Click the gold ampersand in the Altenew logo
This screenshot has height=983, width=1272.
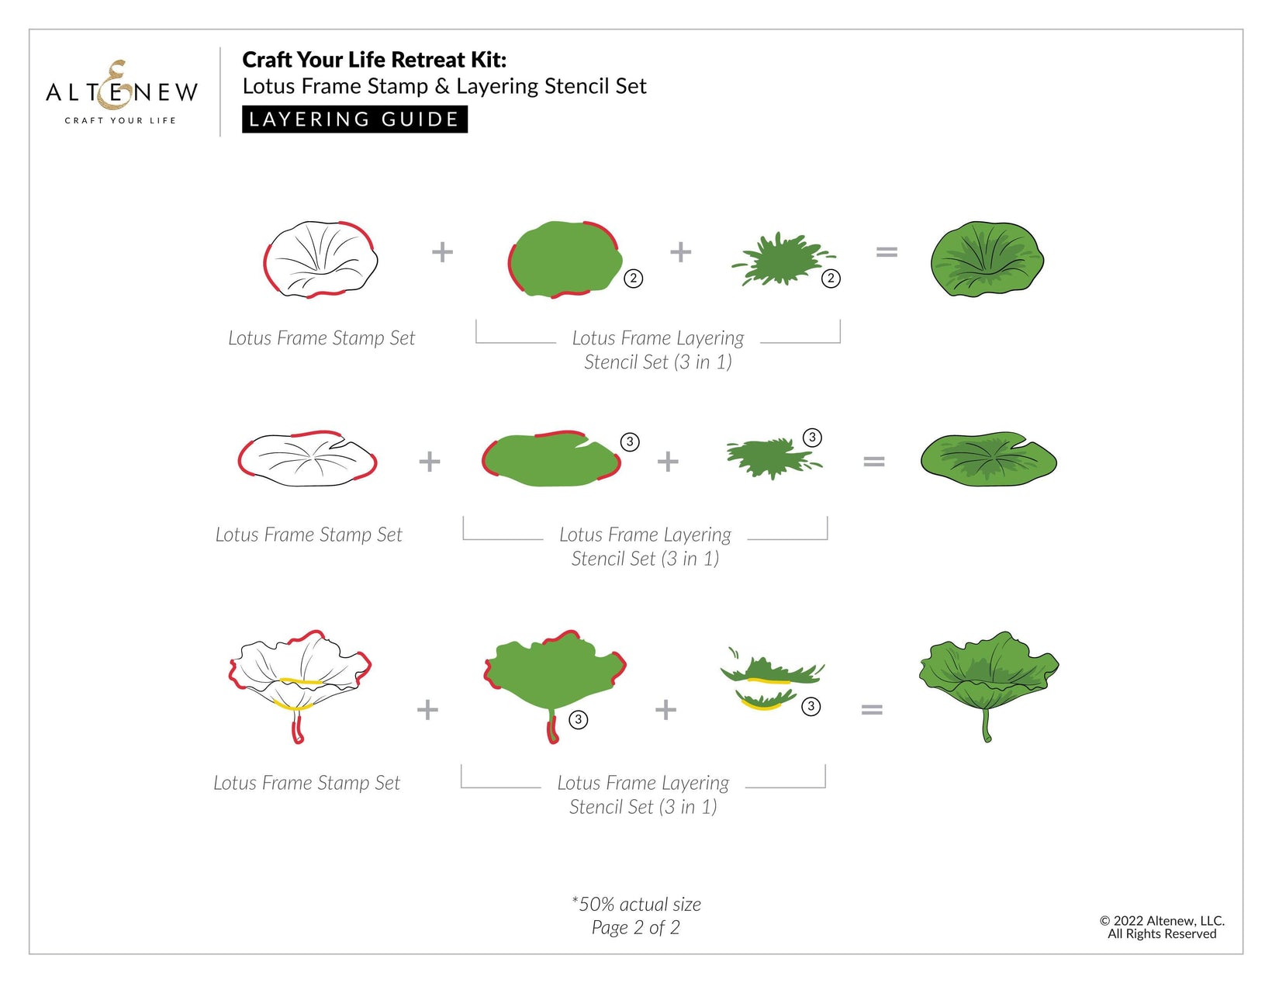(114, 85)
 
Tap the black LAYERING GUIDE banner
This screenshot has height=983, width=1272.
(354, 119)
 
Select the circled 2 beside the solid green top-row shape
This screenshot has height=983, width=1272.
(633, 278)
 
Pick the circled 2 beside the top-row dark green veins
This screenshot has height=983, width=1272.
(831, 278)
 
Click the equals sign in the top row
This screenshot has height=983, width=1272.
(887, 252)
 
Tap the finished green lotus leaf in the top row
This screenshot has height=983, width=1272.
(987, 259)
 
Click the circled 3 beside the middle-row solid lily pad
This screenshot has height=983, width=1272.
(630, 442)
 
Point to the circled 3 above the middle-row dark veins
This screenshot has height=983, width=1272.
(812, 438)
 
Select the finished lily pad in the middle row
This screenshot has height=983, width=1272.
(988, 459)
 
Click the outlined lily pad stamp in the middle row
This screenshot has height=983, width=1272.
(307, 459)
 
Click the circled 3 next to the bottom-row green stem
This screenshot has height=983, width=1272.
(579, 719)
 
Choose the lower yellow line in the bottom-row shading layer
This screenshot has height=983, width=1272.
(762, 705)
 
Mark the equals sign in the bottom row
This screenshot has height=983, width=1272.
(872, 710)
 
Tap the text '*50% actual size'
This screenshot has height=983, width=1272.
(636, 905)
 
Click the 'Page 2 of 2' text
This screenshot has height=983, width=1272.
(636, 928)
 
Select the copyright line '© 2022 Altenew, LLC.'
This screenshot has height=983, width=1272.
(1162, 921)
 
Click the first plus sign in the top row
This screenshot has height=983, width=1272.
(442, 252)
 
